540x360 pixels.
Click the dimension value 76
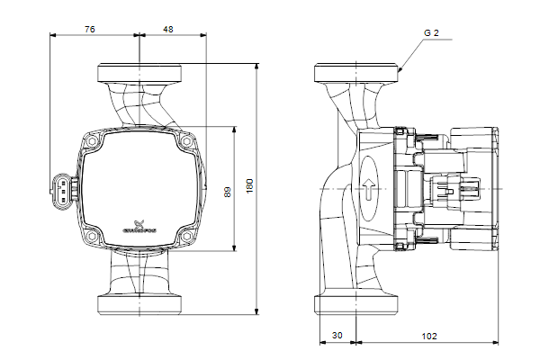click(90, 29)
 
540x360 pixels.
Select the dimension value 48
click(168, 29)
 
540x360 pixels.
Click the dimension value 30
click(337, 335)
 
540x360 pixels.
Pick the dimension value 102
click(428, 335)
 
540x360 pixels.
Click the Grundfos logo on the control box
click(139, 227)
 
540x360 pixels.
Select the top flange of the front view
click(140, 71)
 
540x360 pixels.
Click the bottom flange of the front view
click(140, 304)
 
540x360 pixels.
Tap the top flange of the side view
click(356, 71)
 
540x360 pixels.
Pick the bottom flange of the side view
click(356, 304)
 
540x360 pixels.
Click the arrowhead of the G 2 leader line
click(399, 69)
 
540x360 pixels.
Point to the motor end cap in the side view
click(475, 190)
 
